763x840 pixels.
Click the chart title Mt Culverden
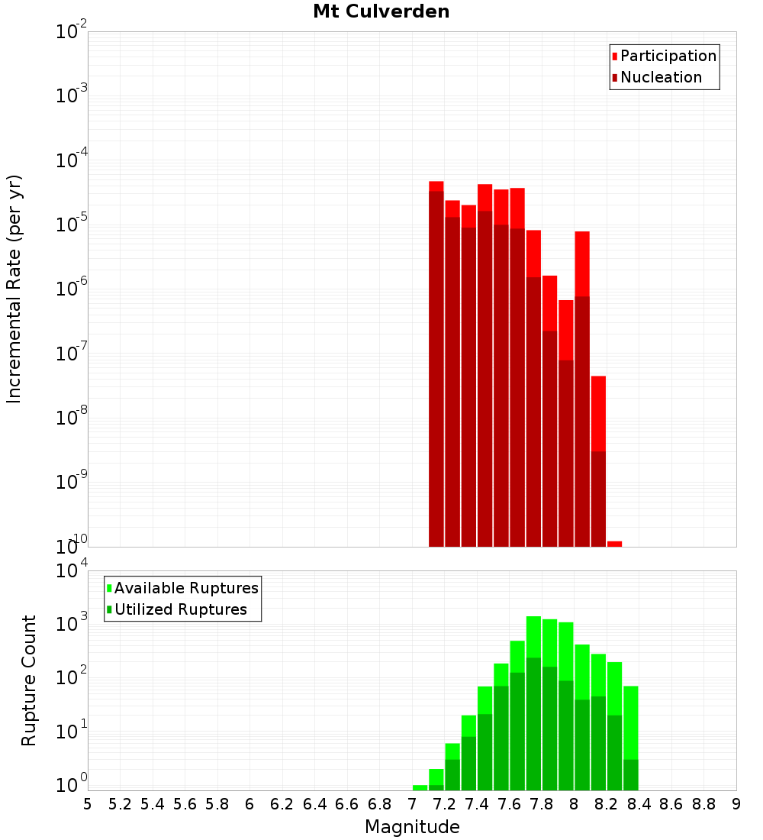click(x=381, y=11)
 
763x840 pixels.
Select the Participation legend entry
click(x=668, y=56)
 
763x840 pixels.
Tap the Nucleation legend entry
click(x=661, y=77)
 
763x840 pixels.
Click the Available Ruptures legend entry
click(x=185, y=588)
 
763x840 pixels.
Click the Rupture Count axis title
click(x=29, y=680)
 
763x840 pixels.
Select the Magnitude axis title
click(x=412, y=827)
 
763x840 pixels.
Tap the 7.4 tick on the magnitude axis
click(x=477, y=804)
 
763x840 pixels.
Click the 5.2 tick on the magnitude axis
click(x=120, y=804)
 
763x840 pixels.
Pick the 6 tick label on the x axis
click(x=250, y=804)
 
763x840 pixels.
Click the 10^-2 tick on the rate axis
click(x=72, y=32)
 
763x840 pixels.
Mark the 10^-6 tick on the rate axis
click(x=72, y=289)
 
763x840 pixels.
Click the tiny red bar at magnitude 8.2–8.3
click(x=614, y=544)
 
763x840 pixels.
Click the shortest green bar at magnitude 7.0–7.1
click(x=420, y=787)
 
